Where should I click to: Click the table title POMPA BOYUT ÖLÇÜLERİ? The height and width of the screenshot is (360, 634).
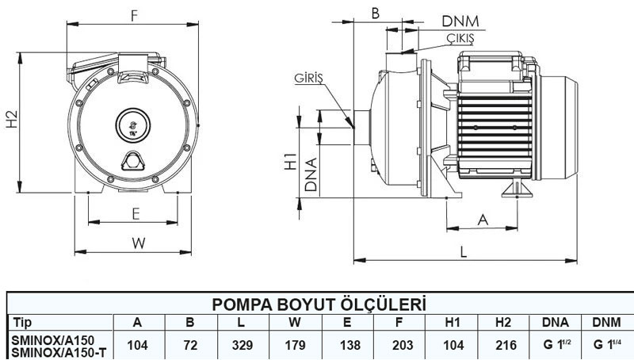[319, 305]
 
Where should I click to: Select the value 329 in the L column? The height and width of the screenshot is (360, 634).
[242, 346]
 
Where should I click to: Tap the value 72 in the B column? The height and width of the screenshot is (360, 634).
[190, 346]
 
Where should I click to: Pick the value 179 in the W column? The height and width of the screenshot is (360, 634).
[294, 346]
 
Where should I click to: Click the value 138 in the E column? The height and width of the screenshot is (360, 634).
[346, 346]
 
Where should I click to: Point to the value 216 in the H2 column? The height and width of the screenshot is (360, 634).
[503, 346]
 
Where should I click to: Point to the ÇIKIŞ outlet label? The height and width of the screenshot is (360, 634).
[458, 38]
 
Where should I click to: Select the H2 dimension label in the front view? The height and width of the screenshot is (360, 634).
[10, 118]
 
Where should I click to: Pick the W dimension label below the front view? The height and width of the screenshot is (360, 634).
[139, 243]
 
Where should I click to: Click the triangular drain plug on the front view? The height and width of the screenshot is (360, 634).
[132, 162]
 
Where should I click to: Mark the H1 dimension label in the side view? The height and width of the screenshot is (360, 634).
[291, 162]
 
